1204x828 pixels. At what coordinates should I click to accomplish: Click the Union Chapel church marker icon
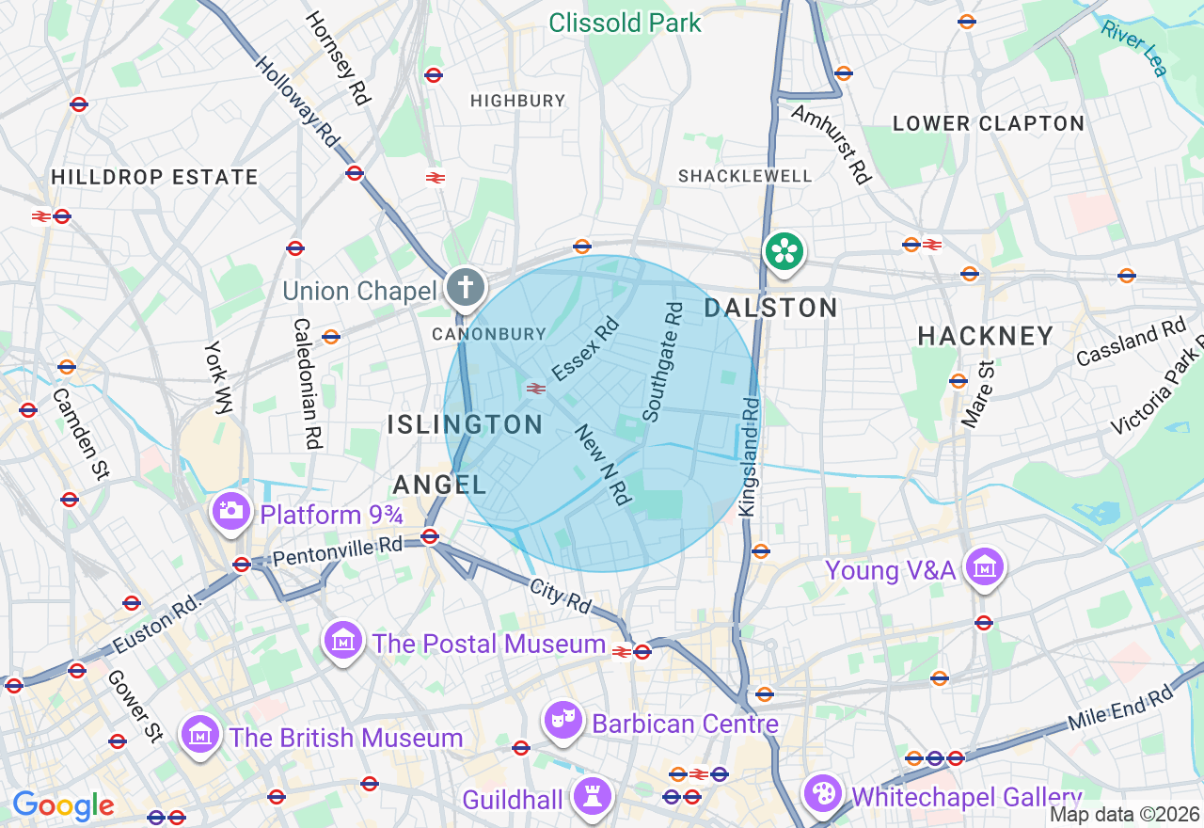465,286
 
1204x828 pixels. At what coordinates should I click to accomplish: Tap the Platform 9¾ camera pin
230,511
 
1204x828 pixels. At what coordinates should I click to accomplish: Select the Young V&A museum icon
985,567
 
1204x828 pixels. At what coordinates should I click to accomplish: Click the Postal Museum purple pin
343,642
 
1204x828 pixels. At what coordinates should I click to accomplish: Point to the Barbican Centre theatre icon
563,721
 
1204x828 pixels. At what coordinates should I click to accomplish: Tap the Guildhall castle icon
592,797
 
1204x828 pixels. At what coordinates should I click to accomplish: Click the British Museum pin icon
199,734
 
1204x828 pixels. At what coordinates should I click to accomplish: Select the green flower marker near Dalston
784,251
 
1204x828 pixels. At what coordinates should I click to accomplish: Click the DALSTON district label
771,308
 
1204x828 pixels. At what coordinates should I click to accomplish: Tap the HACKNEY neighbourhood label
986,336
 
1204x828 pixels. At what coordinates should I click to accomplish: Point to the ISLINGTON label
466,424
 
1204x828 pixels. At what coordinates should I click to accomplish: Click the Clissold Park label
625,23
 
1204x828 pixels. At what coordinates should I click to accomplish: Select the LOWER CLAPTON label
989,123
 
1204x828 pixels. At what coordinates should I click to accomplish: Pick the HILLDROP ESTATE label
154,177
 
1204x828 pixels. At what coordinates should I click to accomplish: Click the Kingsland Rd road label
749,456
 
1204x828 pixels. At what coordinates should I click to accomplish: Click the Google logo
63,805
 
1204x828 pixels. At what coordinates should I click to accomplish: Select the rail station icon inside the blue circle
536,388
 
